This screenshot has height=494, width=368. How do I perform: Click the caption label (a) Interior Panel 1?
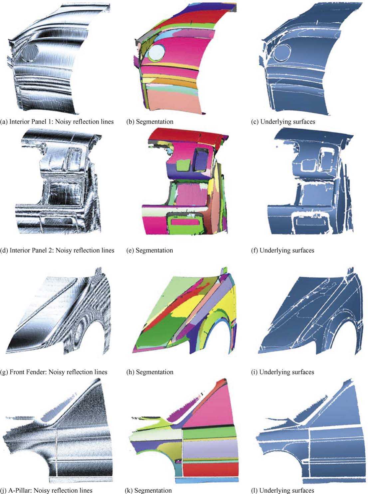coord(57,122)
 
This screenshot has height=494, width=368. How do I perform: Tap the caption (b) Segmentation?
coord(150,122)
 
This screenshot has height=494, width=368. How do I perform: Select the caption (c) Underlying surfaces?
coord(283,122)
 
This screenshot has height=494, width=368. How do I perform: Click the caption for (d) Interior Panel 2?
coord(57,250)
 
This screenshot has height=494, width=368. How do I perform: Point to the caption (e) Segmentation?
coord(149,250)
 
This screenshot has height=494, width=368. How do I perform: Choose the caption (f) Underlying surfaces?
coord(282,250)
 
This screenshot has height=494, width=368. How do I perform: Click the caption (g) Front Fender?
coord(54,372)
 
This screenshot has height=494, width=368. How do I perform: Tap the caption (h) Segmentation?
coord(150,372)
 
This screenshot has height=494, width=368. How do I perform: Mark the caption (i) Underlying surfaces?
coord(282,372)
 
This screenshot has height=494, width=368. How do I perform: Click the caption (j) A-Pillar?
coord(46,490)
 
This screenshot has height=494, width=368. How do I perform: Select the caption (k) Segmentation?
coord(148,490)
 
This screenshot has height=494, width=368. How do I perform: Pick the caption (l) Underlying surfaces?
coord(282,490)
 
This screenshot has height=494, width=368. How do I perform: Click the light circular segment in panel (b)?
coord(156,52)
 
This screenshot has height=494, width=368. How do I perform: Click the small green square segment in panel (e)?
coord(183,165)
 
